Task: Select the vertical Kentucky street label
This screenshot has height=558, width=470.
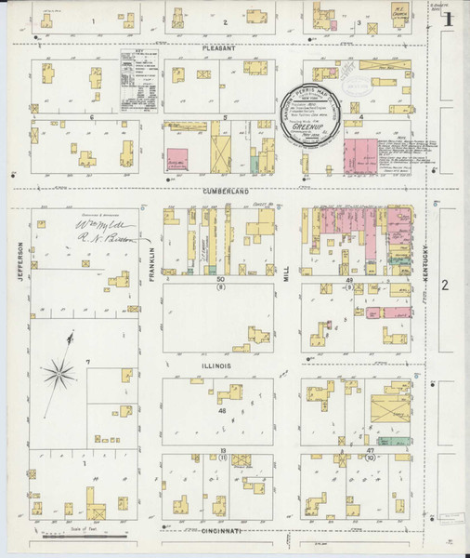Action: point(425,251)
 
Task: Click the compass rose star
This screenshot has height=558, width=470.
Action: point(59,374)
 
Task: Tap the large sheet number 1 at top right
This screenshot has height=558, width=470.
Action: point(448,18)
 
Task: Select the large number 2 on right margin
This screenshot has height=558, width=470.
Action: point(445,285)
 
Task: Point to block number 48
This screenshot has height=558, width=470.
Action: point(222,410)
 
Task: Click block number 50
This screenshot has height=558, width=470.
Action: point(221,279)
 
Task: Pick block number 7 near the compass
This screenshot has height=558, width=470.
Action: point(87,361)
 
